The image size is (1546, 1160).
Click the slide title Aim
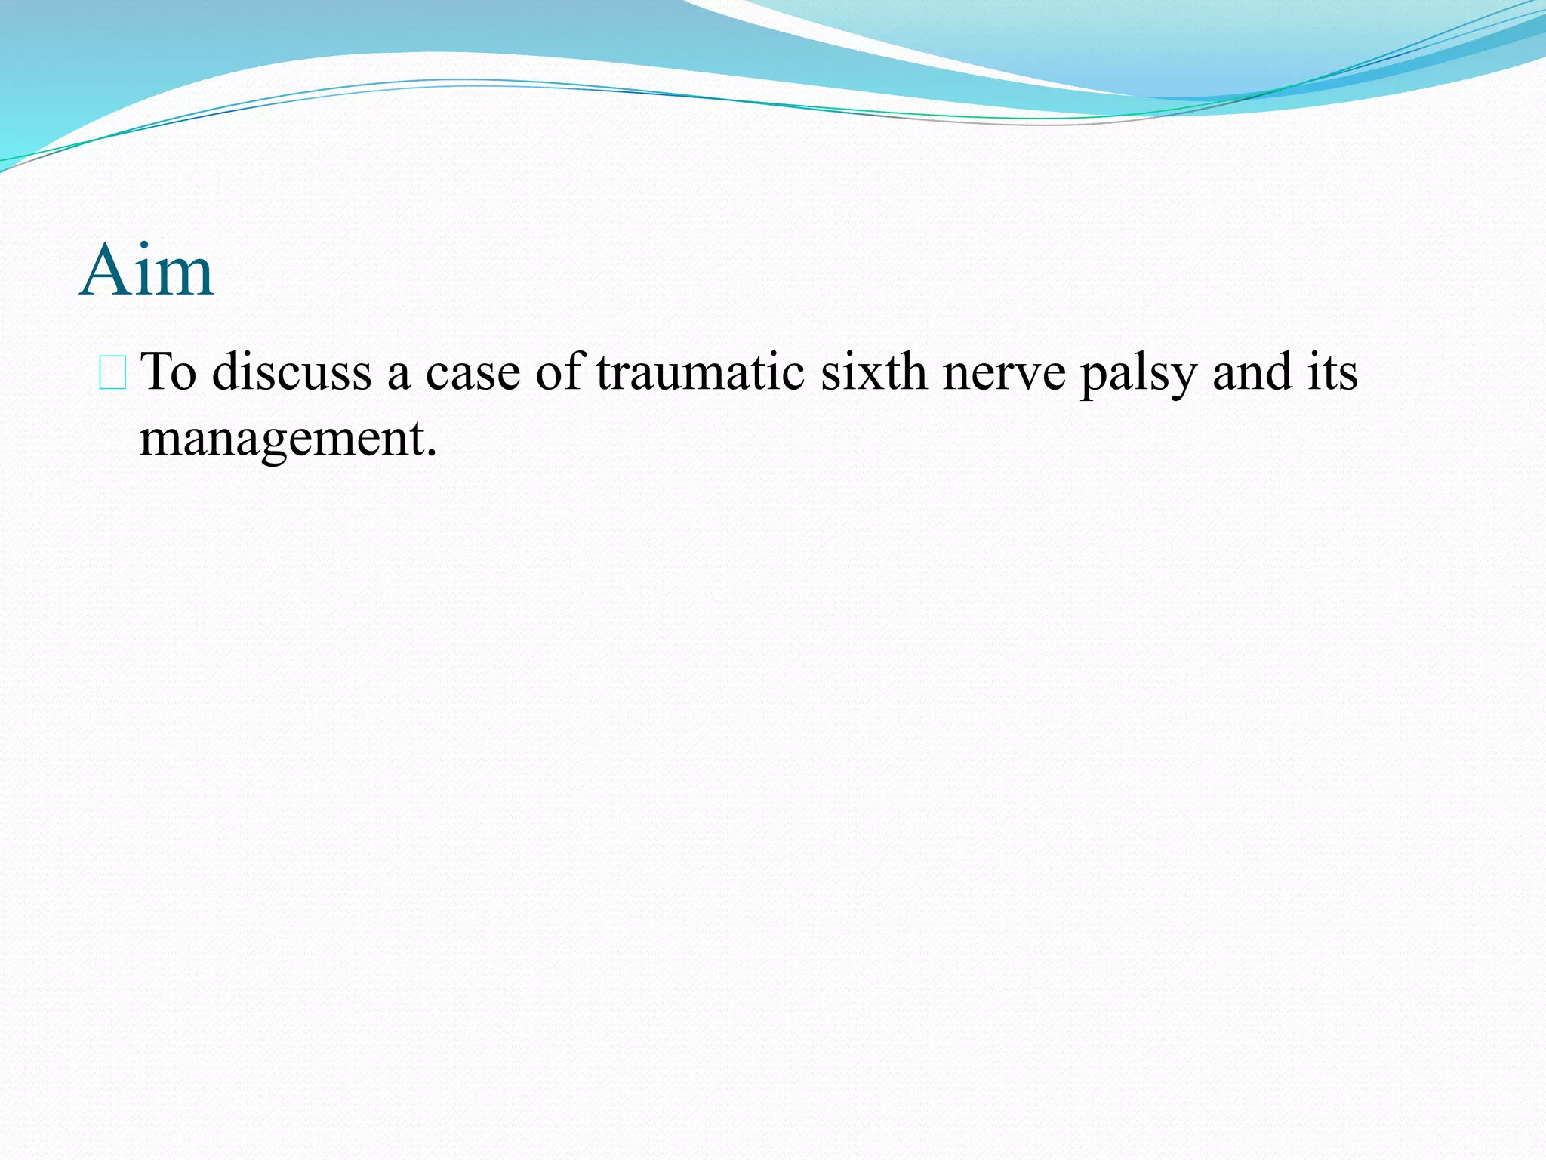point(146,270)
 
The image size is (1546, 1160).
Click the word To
point(169,372)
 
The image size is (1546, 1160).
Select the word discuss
point(292,372)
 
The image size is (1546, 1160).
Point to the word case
point(473,372)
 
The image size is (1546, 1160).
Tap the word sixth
point(873,372)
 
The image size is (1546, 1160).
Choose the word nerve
point(1004,373)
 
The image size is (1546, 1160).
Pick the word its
point(1332,372)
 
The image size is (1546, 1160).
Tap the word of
point(559,372)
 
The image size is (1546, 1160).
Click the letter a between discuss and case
point(399,376)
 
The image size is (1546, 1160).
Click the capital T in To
point(156,372)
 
